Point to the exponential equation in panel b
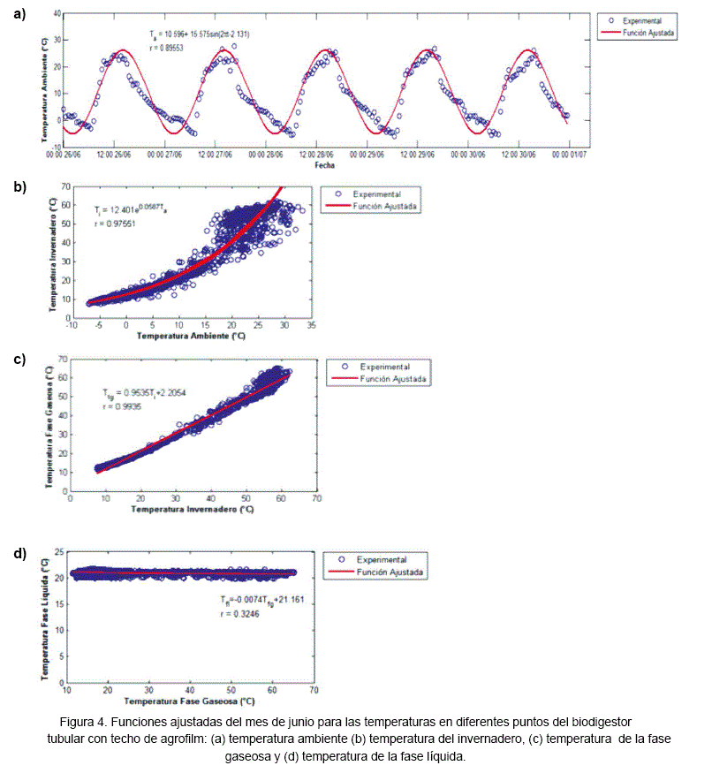(x=129, y=210)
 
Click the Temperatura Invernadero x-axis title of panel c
(x=187, y=510)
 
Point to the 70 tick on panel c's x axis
(x=313, y=499)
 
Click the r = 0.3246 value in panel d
(x=244, y=613)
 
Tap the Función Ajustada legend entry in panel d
(x=388, y=572)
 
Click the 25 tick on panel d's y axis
(x=59, y=553)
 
